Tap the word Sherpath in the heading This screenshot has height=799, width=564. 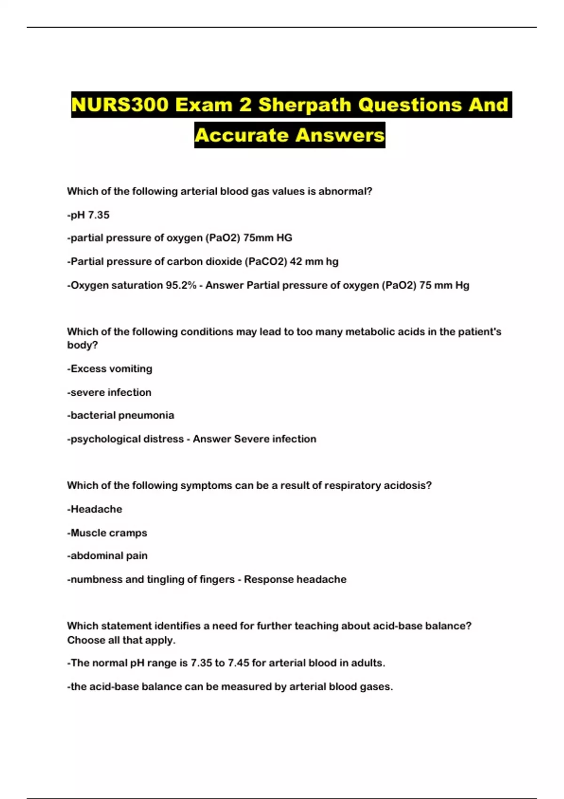click(x=305, y=105)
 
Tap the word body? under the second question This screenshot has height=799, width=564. click(x=82, y=345)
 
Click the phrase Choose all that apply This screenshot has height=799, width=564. click(x=121, y=640)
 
